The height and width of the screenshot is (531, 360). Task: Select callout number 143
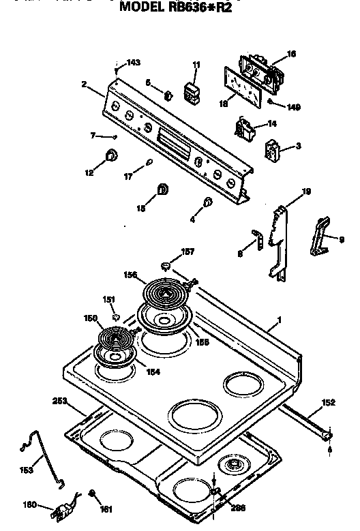(134, 62)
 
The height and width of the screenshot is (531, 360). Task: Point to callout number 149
(293, 106)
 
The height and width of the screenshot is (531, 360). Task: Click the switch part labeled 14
(243, 128)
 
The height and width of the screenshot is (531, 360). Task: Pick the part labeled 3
(273, 149)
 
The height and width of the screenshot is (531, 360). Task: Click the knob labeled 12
(109, 157)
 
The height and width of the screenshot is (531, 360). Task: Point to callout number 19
(306, 192)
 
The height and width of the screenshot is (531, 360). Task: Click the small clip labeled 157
(166, 264)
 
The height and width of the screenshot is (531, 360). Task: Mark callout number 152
(328, 403)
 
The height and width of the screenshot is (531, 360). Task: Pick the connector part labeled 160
(67, 508)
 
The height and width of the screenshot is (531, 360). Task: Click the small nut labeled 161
(91, 494)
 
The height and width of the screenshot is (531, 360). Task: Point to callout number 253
(60, 401)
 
